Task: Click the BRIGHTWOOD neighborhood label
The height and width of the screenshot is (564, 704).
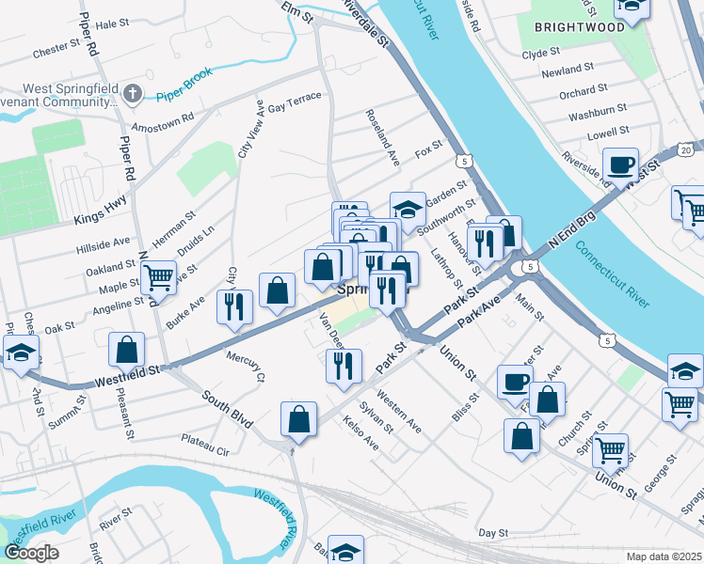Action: click(579, 27)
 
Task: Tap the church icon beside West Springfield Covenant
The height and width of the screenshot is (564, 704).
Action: click(133, 94)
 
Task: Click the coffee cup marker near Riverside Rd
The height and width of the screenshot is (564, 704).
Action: click(620, 165)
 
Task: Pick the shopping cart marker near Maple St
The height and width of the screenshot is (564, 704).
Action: click(158, 277)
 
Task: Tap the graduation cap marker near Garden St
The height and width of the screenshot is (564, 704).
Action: click(408, 209)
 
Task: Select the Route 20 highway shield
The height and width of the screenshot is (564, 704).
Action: click(685, 149)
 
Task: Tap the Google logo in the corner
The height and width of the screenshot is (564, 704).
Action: click(32, 553)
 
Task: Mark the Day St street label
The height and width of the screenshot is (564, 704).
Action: click(492, 532)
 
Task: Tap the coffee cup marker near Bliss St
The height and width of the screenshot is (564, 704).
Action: click(515, 382)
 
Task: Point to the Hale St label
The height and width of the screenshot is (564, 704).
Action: click(111, 23)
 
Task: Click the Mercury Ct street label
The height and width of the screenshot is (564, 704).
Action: click(247, 367)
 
